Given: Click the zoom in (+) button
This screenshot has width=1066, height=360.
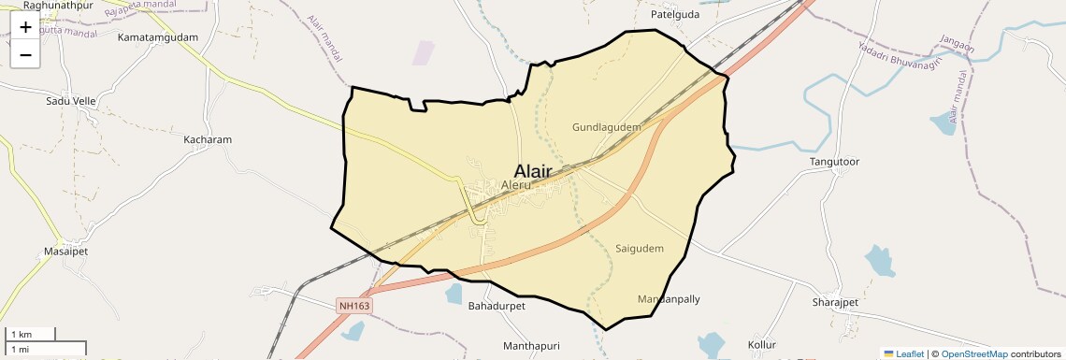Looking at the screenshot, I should tap(25, 27).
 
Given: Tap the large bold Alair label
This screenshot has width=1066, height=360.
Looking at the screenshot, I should tap(532, 171).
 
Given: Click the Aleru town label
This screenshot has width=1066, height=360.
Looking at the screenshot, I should tap(516, 185).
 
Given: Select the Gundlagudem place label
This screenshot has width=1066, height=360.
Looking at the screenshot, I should tap(606, 126).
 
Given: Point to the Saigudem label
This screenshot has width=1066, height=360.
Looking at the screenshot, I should tap(640, 249).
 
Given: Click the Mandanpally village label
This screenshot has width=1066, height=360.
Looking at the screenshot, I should tap(669, 299).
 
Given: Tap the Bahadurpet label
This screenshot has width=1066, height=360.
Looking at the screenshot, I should tap(497, 306).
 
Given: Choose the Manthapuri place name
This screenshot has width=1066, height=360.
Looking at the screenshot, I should tap(530, 346).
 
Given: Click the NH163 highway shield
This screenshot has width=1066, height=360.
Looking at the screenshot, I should tap(355, 306).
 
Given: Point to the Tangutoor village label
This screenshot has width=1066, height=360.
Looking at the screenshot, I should tap(834, 162).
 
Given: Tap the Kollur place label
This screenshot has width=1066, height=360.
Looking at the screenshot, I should tap(762, 346).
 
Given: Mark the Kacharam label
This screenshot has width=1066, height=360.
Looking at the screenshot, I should tap(208, 139).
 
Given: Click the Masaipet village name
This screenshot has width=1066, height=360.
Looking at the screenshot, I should tap(65, 252).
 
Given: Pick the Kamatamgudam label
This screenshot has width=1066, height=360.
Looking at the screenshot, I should tap(158, 37).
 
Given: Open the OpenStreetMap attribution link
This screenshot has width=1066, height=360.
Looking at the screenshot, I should tap(973, 353).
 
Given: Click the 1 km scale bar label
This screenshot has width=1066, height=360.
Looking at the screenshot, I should tap(22, 334).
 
